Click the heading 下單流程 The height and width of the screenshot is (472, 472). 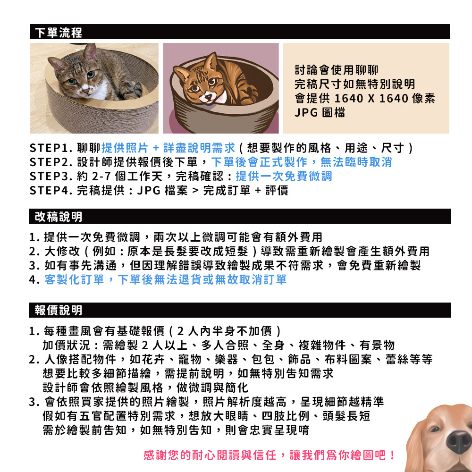pos(59,33)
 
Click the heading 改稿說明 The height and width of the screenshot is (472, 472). pos(59,217)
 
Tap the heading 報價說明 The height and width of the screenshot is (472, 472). pos(59,311)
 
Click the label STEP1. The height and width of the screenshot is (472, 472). pos(51,148)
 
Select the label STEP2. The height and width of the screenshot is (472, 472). pos(51,162)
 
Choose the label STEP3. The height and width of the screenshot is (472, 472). pos(51,177)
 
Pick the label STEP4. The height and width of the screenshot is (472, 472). pos(51,191)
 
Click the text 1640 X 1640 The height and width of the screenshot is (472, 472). pos(371,99)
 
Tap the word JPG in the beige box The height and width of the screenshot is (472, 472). pos(306,113)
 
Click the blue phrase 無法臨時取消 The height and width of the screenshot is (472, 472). pos(356,162)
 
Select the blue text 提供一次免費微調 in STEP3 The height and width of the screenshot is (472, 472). pos(284,177)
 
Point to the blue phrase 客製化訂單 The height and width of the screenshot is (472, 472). pos(74,279)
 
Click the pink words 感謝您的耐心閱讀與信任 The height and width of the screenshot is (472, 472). pos(210,455)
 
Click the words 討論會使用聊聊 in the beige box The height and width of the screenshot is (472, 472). pos(336,70)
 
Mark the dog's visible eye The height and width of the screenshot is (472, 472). pos(435,429)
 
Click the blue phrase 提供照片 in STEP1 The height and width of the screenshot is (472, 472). pos(125,148)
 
